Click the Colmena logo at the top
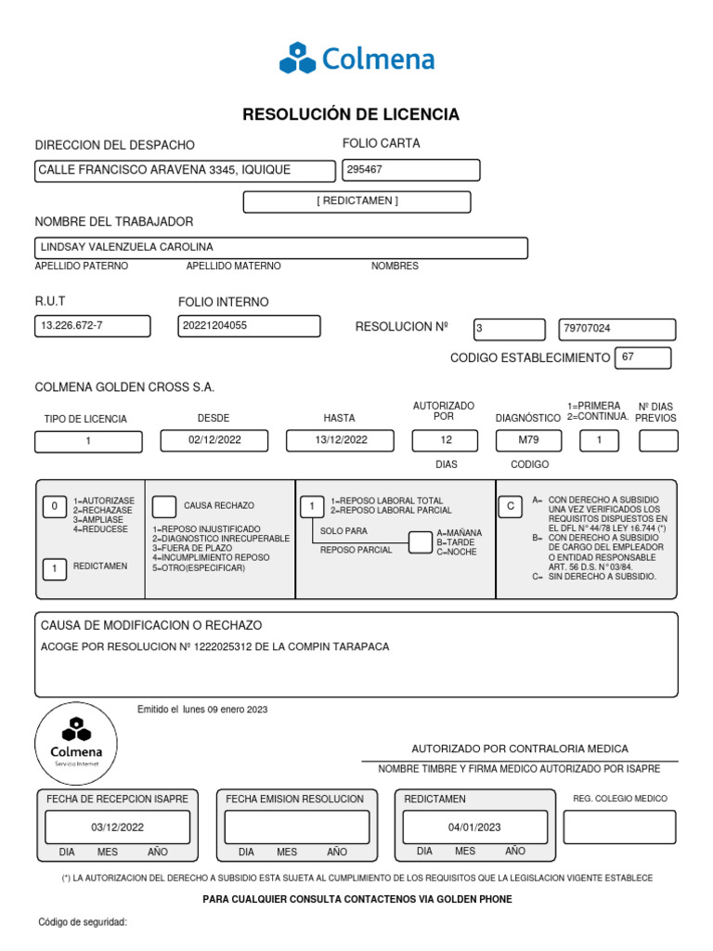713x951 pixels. coord(356,59)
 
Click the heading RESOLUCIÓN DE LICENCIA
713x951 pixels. coord(351,114)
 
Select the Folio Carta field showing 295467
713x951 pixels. coord(410,170)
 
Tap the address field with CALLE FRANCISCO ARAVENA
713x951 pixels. coord(185,170)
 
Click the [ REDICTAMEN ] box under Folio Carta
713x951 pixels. coord(356,202)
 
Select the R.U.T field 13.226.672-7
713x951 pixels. coord(91,326)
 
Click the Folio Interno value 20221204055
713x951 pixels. coord(249,326)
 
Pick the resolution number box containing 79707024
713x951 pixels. coord(616,329)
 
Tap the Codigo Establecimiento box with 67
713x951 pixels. coord(642,358)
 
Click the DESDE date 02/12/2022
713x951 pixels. coord(214,440)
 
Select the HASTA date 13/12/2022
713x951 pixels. coord(341,440)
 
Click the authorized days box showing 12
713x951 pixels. coord(446,440)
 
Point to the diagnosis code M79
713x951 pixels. coord(528,440)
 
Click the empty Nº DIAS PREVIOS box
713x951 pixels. coord(658,441)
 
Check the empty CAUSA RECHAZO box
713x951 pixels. coord(163,506)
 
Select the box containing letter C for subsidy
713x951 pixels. coord(510,506)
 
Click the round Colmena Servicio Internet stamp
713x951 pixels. coord(76,743)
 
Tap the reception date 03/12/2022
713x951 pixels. coord(117,827)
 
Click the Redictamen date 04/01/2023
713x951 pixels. coord(473,827)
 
